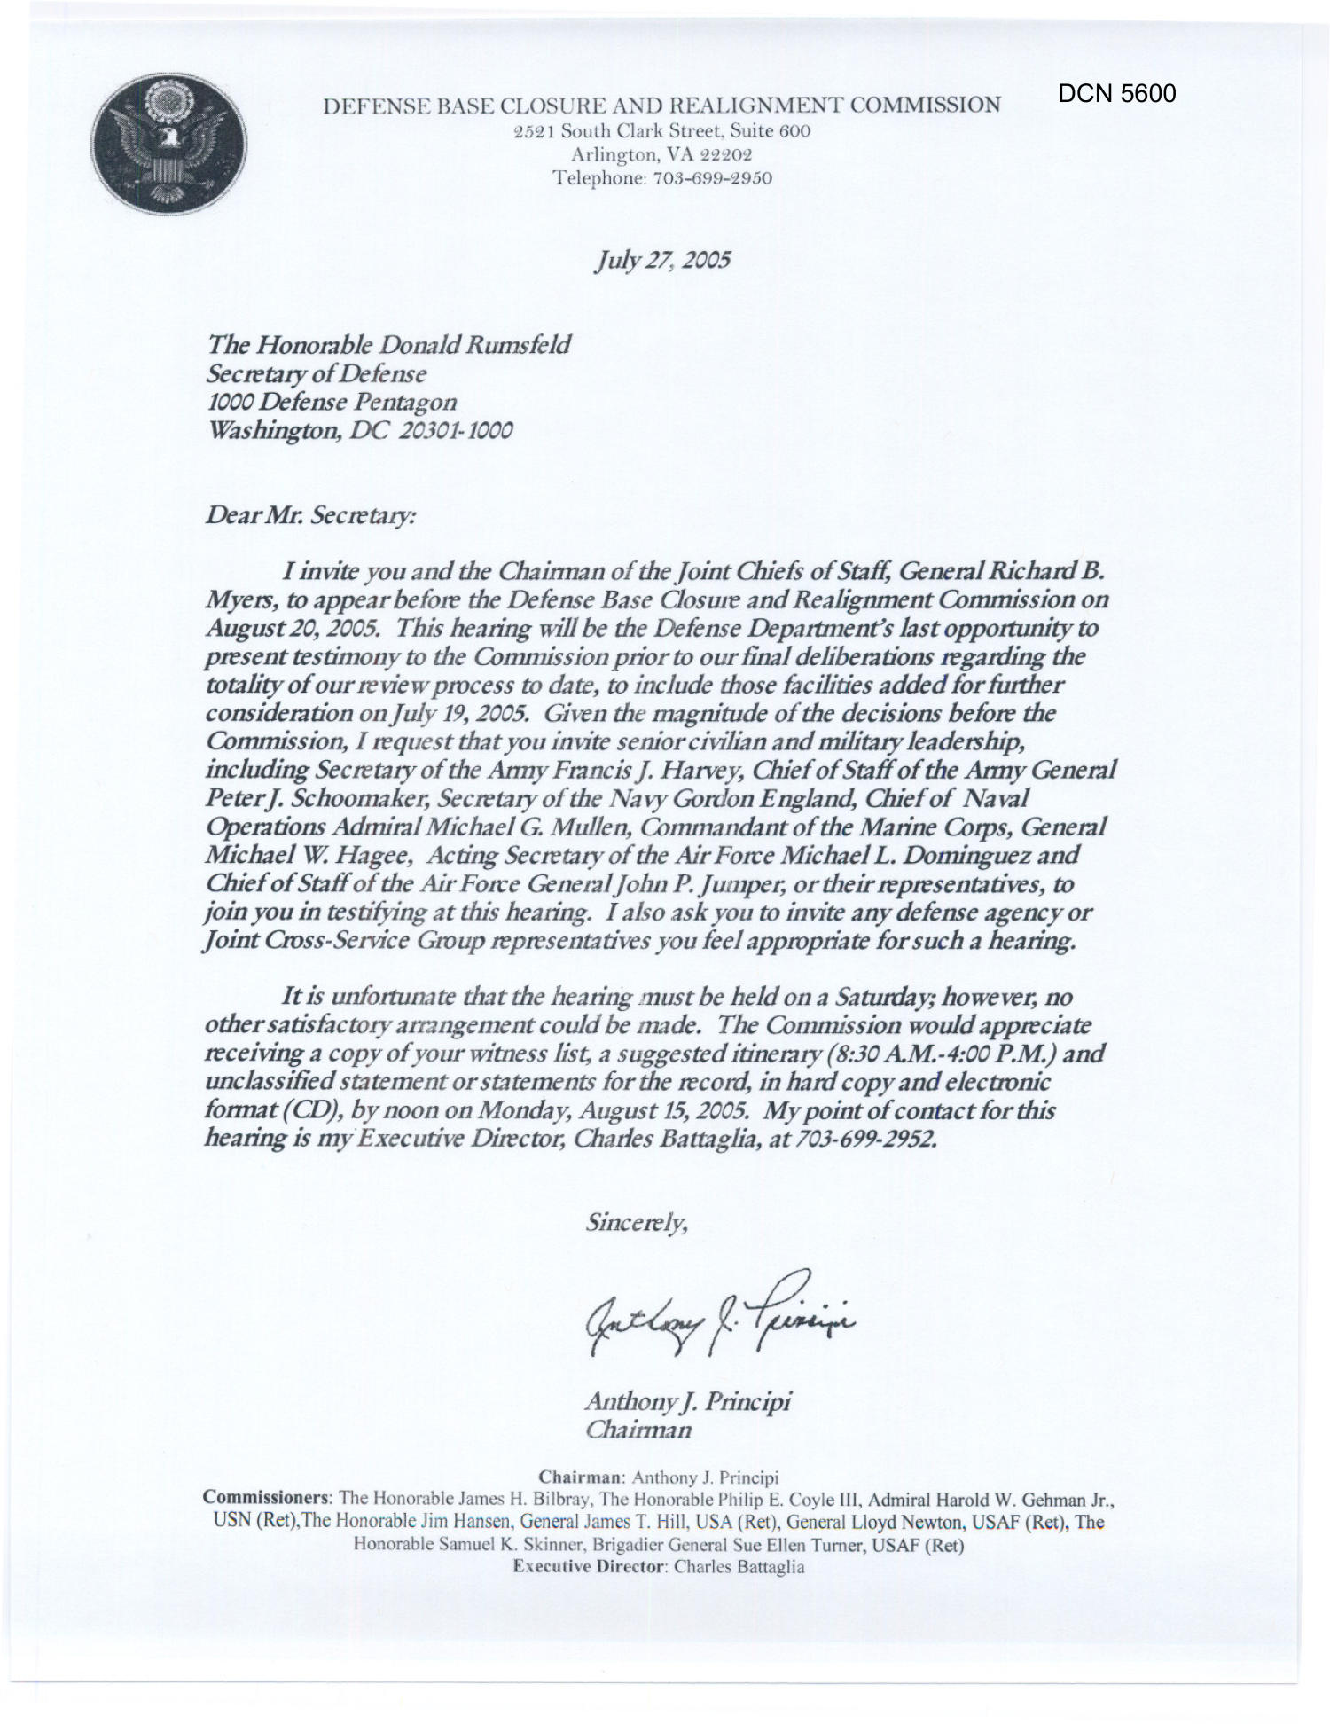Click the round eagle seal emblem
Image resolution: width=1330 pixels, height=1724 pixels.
tap(168, 145)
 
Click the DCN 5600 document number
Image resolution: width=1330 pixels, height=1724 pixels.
tap(1116, 93)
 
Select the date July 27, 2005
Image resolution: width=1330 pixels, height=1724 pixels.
tap(663, 260)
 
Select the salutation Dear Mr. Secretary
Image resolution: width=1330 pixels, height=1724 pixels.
tap(310, 515)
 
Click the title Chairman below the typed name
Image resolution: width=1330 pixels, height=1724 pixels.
tap(638, 1430)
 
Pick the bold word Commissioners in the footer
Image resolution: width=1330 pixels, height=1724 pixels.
tap(267, 1498)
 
